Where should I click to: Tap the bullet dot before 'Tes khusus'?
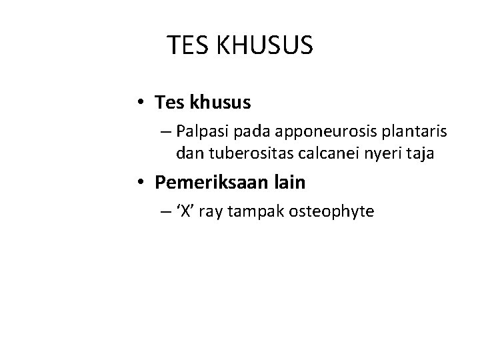point(143,103)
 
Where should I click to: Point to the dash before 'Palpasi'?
point(165,132)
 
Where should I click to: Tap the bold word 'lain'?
point(285,182)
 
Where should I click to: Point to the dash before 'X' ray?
point(165,212)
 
